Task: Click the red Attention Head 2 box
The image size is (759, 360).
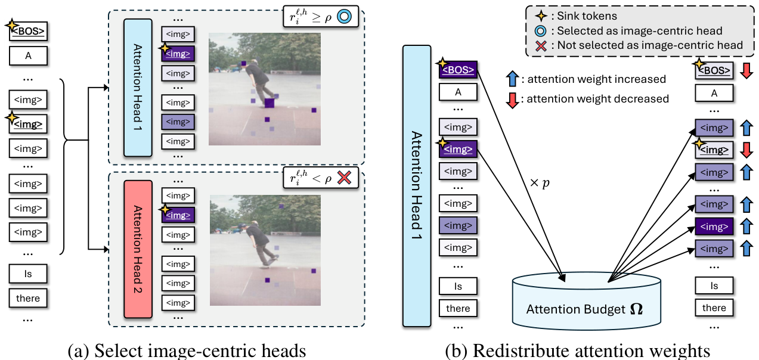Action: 138,249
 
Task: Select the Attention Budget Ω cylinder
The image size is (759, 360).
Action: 587,301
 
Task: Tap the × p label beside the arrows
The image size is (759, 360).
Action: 540,183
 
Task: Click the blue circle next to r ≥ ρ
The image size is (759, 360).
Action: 344,16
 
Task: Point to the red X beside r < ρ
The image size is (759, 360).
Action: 344,178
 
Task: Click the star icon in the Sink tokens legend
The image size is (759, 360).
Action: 541,16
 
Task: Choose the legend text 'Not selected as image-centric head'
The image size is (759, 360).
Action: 650,45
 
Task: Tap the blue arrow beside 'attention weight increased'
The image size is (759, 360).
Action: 512,79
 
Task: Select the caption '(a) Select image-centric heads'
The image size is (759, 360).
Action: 187,351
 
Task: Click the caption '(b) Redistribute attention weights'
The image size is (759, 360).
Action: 577,351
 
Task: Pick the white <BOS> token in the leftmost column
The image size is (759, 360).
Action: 28,31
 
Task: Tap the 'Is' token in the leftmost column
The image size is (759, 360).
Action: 28,274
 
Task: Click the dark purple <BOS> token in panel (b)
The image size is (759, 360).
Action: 458,70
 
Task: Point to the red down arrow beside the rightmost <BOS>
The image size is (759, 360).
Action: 746,70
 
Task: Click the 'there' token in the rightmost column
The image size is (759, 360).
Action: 714,308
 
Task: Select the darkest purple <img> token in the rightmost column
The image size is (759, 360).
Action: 714,226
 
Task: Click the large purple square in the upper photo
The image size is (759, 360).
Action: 269,103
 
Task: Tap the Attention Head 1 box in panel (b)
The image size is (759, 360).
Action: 417,186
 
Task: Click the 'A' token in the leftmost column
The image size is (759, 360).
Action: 28,55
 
